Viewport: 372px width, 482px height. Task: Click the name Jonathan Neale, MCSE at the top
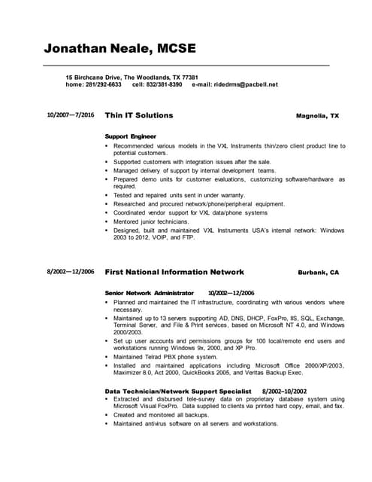point(120,50)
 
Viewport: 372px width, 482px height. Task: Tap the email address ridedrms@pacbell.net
point(246,84)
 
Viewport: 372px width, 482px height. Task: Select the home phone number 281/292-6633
point(104,84)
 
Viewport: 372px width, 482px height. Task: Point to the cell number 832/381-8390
point(165,84)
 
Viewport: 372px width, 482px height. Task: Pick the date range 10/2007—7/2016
point(71,115)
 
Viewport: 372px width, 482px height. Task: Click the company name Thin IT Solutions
point(139,115)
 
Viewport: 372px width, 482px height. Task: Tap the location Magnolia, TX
point(318,116)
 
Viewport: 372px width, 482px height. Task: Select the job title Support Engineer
point(131,136)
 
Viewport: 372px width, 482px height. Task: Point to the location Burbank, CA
point(319,272)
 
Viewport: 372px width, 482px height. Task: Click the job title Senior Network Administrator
point(150,292)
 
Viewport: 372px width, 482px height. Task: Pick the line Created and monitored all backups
point(160,414)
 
